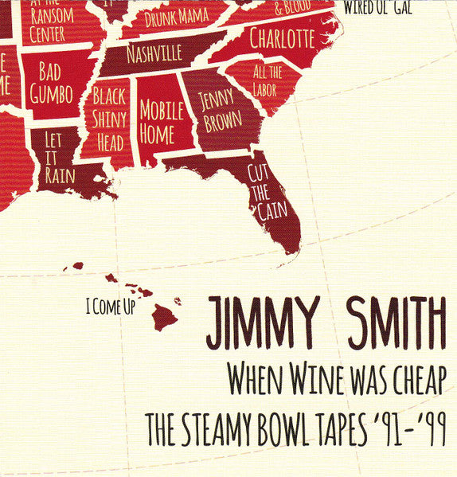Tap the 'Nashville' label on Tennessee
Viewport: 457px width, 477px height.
pos(154,53)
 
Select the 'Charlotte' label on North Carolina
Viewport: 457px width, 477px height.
pos(282,37)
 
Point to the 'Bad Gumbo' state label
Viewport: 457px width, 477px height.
pos(50,83)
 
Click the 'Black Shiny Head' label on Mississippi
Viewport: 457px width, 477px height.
pos(108,120)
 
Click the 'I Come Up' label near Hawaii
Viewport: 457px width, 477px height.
pos(110,303)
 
